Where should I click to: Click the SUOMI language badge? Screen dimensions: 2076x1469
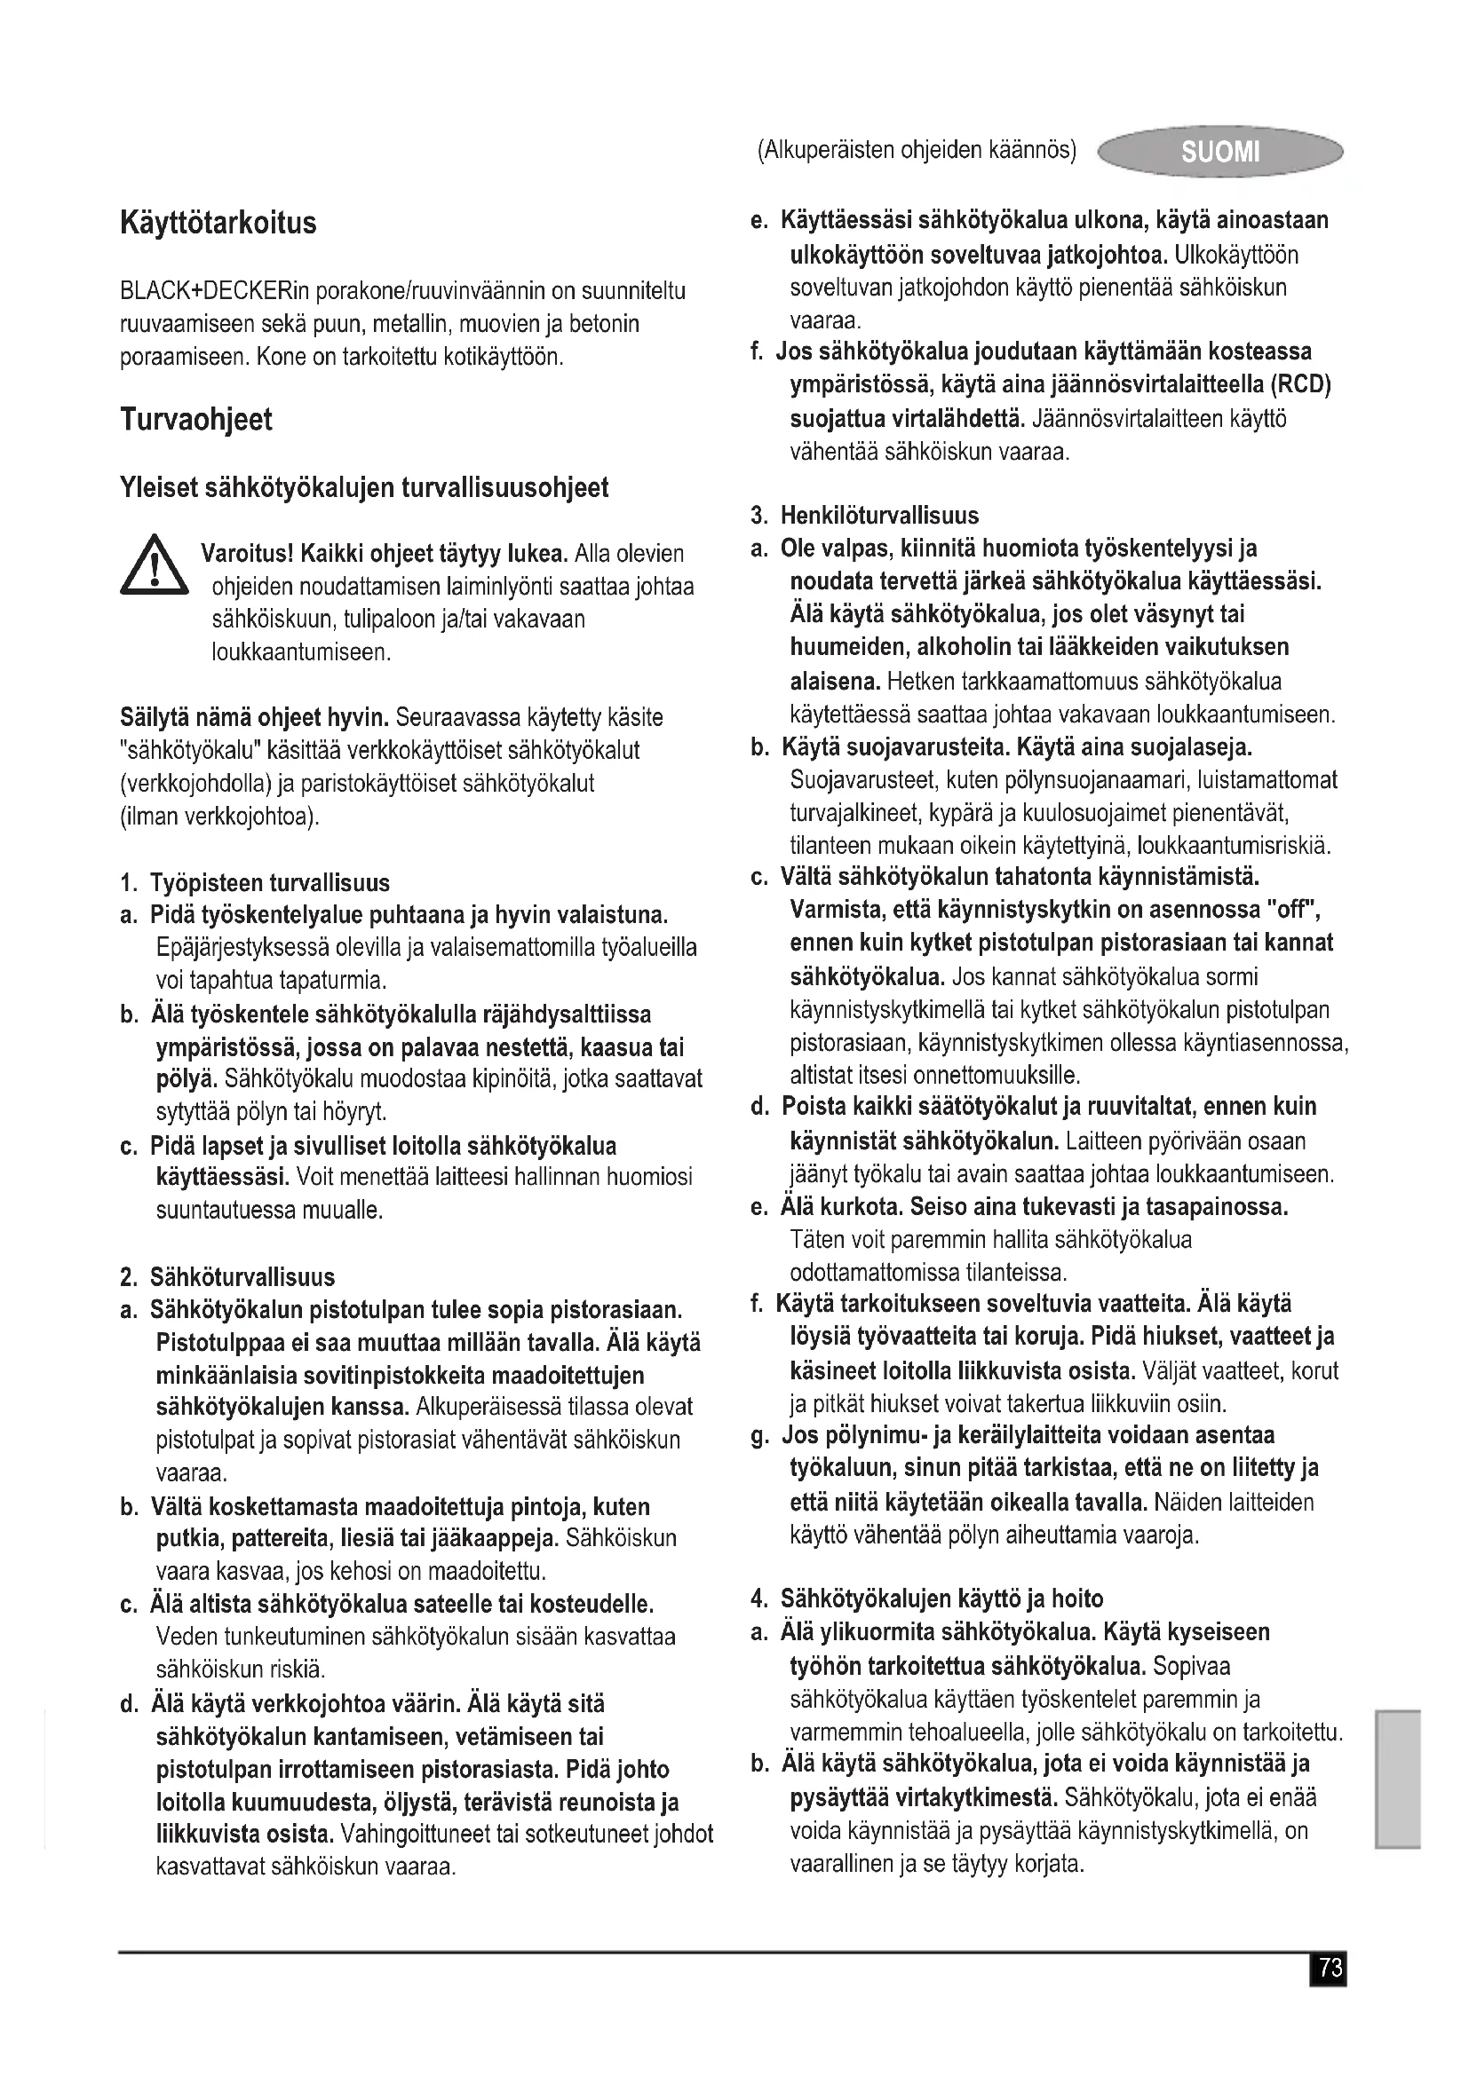pyautogui.click(x=1219, y=151)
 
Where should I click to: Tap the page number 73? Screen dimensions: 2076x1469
pyautogui.click(x=1329, y=1968)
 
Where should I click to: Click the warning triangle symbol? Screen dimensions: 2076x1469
pyautogui.click(x=154, y=566)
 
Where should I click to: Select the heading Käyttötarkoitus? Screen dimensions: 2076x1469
pyautogui.click(x=218, y=223)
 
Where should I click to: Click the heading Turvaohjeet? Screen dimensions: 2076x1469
pyautogui.click(x=195, y=420)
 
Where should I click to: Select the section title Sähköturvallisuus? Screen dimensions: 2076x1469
pyautogui.click(x=242, y=1276)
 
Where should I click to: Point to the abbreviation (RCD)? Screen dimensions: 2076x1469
pyautogui.click(x=1301, y=385)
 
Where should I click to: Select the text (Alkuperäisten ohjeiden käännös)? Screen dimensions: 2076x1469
pyautogui.click(x=916, y=150)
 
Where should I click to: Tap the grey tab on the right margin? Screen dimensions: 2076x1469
pyautogui.click(x=1398, y=1780)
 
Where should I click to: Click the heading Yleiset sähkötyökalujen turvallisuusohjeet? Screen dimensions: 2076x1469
pyautogui.click(x=363, y=488)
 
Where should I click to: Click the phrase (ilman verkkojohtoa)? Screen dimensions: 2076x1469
pyautogui.click(x=219, y=817)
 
